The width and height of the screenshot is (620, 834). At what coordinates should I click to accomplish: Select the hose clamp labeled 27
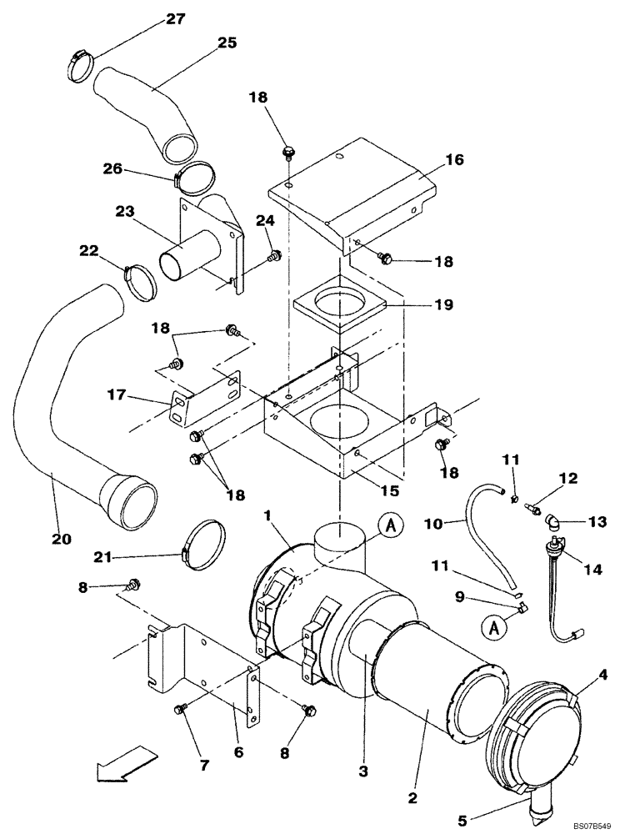click(x=81, y=66)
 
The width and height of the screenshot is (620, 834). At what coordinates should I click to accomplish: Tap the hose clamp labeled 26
click(x=194, y=178)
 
